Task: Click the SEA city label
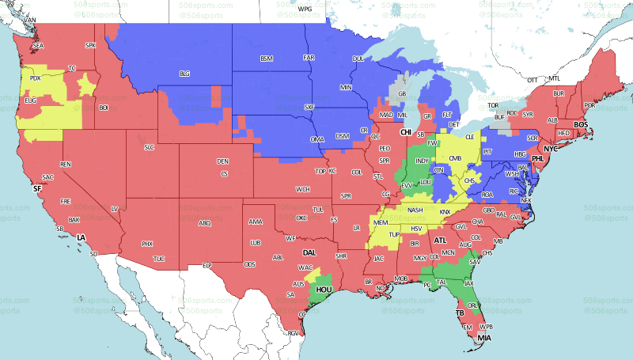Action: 38,46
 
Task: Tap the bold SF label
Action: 36,189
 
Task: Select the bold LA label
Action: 80,237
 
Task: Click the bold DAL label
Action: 310,252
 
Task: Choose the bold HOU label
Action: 324,290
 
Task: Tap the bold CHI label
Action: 406,132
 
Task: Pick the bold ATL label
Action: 441,240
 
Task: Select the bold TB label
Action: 458,313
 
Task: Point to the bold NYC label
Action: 551,149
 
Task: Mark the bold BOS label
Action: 581,124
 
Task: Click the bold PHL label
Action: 538,159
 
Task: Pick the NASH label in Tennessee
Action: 414,210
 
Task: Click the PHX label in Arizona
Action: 146,244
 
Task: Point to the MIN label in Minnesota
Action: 346,86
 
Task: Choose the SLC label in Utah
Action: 149,147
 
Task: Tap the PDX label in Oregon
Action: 35,78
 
